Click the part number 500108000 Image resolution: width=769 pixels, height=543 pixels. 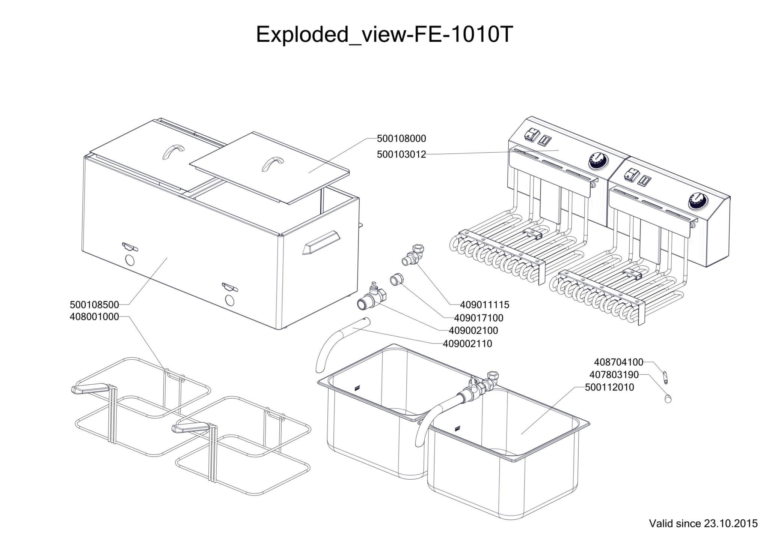401,139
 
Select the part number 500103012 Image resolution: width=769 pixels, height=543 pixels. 401,154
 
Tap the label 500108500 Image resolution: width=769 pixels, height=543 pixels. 94,304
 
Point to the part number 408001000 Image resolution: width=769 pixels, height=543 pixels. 94,317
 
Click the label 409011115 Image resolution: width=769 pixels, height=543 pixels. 484,305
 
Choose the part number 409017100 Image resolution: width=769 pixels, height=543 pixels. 478,318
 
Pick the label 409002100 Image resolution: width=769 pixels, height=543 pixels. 473,331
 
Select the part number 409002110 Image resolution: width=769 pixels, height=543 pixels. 467,343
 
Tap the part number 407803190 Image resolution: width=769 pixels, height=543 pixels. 614,375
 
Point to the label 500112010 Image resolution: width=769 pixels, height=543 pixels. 609,387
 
